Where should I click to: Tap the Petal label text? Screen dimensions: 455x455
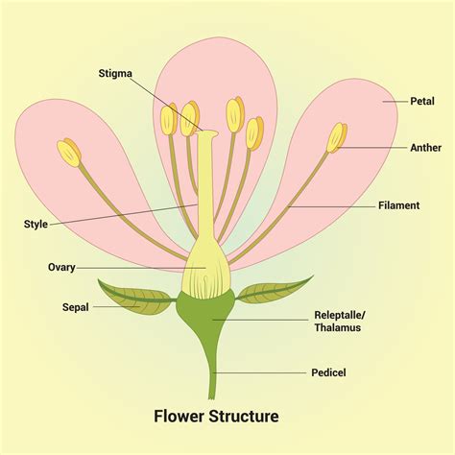point(422,100)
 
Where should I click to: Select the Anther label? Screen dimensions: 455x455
point(425,148)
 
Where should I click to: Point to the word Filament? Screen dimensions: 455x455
point(399,205)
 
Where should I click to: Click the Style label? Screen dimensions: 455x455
point(36,225)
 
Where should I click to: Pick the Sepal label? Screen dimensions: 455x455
point(49,308)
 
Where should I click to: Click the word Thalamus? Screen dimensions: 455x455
point(339,328)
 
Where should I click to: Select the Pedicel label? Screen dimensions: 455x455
point(329,371)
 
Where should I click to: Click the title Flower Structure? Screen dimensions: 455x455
point(217,417)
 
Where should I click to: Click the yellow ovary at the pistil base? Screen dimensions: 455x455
point(206,265)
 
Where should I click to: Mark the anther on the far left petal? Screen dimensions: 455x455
point(68,151)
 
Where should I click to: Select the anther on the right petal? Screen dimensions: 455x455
point(337,133)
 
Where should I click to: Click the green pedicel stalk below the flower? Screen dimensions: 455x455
point(213,370)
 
